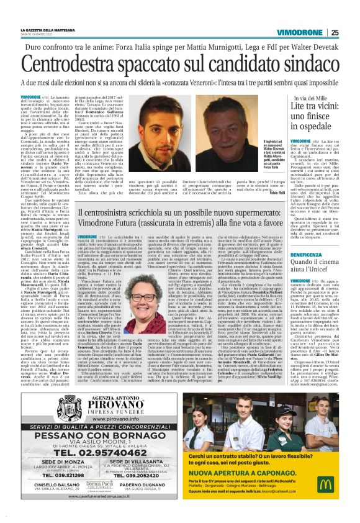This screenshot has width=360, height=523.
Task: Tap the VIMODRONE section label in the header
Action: [302, 32]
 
